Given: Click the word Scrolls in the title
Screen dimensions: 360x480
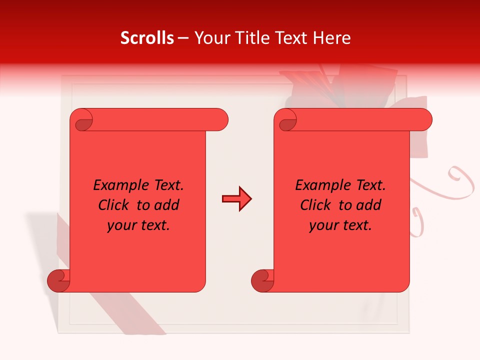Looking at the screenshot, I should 147,38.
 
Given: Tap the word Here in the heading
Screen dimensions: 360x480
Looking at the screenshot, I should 332,38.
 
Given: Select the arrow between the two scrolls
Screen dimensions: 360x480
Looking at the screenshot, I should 236,199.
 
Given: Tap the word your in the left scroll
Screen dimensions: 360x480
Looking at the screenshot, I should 120,225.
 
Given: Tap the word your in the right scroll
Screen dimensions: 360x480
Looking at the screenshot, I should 322,225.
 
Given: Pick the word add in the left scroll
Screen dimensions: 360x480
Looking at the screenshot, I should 168,205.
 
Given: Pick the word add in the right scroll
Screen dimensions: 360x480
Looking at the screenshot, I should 370,205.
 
